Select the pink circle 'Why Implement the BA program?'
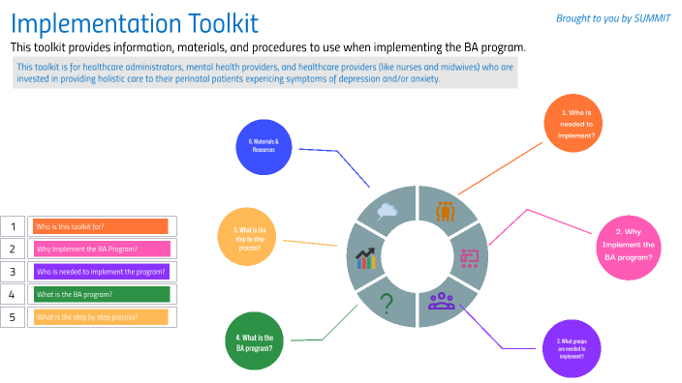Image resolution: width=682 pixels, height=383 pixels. tap(629, 245)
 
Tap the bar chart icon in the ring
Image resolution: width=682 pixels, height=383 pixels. tap(366, 257)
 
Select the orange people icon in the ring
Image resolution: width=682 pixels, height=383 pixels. tap(446, 211)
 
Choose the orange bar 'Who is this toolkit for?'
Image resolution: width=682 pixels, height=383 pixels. tap(101, 226)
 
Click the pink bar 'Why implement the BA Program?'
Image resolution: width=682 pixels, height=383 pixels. tap(101, 249)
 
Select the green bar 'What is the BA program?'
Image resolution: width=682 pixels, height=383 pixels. tap(101, 294)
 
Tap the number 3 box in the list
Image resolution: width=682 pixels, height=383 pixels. tap(13, 272)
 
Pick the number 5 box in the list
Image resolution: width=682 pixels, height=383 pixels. tap(13, 316)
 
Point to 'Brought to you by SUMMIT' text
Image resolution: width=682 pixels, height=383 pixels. tap(613, 18)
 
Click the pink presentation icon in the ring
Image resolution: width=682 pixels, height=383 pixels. tap(470, 257)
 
